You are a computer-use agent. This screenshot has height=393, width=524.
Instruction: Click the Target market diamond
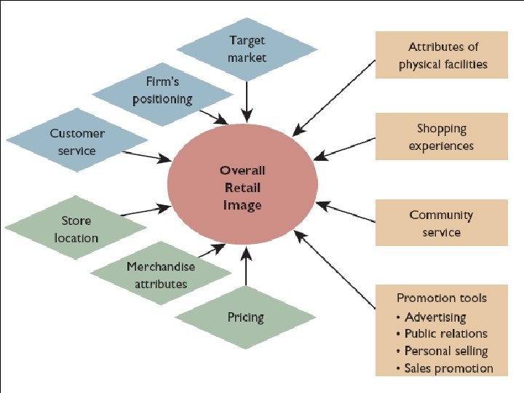247,48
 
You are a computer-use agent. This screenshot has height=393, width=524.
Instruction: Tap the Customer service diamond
77,142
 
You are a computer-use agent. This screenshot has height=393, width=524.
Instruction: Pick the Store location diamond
76,229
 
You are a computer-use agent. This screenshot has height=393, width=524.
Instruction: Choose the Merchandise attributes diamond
161,275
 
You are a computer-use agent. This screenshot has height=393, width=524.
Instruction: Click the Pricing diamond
246,317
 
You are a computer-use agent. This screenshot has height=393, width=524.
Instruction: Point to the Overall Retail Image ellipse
242,188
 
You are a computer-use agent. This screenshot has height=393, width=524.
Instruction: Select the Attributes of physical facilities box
442,55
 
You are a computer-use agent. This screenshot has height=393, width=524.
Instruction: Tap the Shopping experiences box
442,137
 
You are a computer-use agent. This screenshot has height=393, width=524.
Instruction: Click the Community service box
442,223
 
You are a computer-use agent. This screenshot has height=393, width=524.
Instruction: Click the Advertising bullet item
435,317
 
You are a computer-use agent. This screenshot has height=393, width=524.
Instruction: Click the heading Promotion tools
442,298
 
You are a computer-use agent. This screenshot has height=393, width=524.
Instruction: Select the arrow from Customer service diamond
146,156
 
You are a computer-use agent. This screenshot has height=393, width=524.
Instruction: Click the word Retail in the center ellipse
242,188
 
